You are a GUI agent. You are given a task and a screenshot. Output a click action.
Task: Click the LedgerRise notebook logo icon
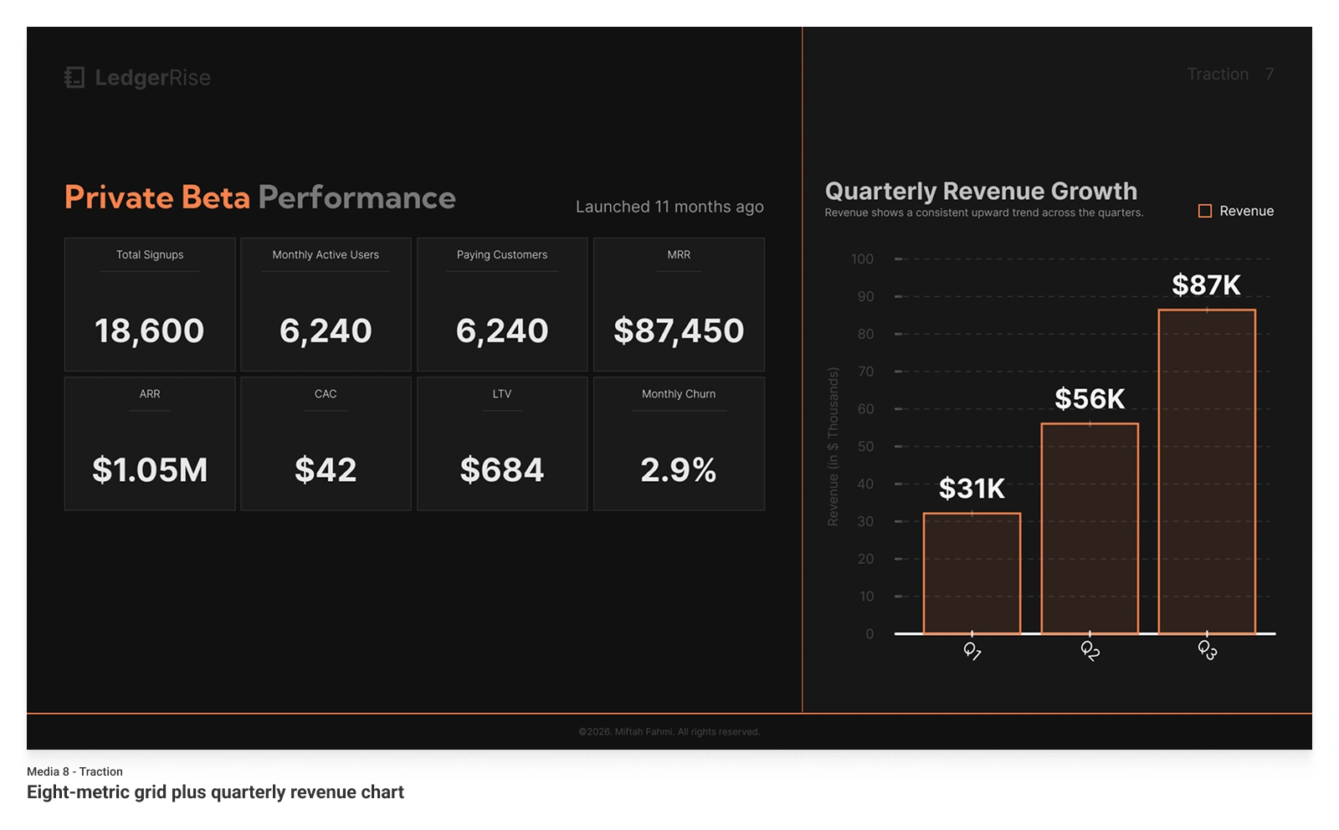click(74, 78)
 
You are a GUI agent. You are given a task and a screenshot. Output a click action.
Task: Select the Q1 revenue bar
click(972, 574)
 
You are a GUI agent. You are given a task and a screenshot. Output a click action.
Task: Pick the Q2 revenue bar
click(1090, 529)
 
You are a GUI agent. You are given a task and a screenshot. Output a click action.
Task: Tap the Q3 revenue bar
click(1207, 472)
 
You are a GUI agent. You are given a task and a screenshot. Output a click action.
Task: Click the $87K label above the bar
click(1206, 285)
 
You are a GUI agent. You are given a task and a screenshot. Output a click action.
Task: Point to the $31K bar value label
click(972, 489)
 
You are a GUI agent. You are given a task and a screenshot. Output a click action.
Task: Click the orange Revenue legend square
click(1205, 212)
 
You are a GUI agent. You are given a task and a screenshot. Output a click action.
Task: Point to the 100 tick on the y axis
click(862, 259)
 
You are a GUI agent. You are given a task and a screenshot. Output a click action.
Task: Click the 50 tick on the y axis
click(865, 447)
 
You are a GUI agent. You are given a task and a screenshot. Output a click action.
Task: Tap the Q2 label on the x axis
click(1090, 650)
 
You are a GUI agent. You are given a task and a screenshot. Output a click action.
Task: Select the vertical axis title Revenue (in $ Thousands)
click(833, 447)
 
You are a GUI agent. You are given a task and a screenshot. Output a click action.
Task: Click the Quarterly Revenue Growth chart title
click(981, 192)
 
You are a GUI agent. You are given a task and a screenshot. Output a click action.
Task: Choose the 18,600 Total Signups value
click(150, 331)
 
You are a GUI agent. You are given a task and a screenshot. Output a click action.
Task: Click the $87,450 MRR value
click(679, 331)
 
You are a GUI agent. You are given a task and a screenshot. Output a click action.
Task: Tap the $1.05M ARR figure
click(150, 470)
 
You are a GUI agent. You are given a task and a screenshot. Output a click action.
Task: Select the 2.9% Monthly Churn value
click(679, 470)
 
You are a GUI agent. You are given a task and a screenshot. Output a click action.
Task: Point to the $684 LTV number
click(502, 470)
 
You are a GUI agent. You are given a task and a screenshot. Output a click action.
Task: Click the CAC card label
click(326, 394)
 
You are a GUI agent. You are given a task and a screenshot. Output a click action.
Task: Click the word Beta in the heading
click(216, 198)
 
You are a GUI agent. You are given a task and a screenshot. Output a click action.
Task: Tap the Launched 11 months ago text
click(669, 207)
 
